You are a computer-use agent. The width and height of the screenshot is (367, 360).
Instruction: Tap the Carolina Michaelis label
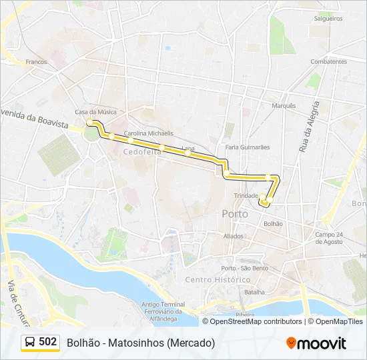(x=148, y=133)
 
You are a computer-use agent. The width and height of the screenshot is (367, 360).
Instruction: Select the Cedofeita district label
(x=137, y=152)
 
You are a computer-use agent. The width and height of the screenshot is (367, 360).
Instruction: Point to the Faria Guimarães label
(x=248, y=147)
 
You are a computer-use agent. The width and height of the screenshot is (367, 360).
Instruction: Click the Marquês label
(x=284, y=105)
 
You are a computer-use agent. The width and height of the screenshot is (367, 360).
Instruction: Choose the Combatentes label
(x=328, y=61)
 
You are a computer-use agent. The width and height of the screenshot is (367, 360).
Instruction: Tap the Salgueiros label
(x=328, y=19)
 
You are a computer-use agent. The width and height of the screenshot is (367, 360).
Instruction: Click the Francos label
(x=36, y=62)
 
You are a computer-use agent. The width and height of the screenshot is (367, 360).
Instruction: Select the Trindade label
(x=246, y=195)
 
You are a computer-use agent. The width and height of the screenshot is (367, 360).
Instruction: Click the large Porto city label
(x=234, y=214)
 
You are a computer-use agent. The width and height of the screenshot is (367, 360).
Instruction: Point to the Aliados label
(x=234, y=236)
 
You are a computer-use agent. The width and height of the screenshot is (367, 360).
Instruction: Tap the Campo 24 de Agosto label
(x=334, y=237)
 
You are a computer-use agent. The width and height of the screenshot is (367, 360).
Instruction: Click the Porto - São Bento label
(x=244, y=268)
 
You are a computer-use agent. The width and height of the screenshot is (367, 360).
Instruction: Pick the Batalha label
(x=255, y=292)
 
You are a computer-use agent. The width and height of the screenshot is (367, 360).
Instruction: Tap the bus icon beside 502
(x=30, y=342)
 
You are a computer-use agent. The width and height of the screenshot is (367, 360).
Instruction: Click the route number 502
(x=48, y=342)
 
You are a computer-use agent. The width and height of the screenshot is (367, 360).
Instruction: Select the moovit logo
(x=316, y=343)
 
